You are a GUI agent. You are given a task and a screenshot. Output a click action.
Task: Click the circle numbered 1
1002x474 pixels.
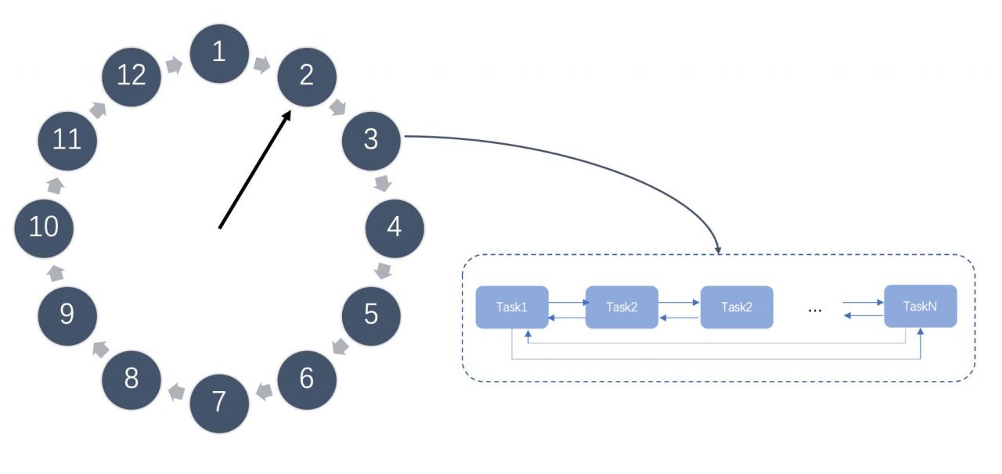click(x=219, y=54)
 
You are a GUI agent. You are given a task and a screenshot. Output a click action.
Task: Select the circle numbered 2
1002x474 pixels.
click(x=307, y=77)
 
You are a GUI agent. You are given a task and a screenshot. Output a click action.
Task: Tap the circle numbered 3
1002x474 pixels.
click(x=371, y=141)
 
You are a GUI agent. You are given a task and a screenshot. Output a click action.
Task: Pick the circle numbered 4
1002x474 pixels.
click(x=395, y=228)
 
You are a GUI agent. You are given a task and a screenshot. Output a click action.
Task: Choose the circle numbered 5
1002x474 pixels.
click(x=371, y=316)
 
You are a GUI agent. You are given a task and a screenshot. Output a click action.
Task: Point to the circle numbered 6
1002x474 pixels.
click(x=307, y=380)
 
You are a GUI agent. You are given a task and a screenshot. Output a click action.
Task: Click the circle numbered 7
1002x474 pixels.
click(x=219, y=404)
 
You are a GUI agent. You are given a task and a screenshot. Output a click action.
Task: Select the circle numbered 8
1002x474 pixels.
click(x=132, y=380)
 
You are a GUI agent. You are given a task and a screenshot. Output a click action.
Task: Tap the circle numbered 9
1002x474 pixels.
click(x=67, y=316)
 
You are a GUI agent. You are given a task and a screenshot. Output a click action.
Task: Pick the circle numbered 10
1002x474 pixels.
click(x=44, y=228)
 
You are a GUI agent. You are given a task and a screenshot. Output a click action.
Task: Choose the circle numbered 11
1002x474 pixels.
click(x=67, y=141)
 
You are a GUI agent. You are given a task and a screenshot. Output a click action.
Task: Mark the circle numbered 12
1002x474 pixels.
click(x=132, y=77)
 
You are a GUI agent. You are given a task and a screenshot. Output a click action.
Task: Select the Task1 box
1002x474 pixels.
click(x=512, y=307)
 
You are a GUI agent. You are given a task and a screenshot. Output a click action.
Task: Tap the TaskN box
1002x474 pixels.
click(x=921, y=307)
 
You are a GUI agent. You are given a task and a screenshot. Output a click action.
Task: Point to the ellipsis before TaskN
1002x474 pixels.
click(x=815, y=310)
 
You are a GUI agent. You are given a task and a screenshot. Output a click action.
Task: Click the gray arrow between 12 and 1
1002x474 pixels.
click(x=174, y=65)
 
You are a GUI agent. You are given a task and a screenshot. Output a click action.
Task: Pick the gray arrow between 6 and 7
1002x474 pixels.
click(x=265, y=392)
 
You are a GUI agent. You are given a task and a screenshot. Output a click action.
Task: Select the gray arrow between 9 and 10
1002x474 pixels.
click(x=56, y=273)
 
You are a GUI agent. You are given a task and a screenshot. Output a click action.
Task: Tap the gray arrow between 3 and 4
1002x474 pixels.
click(x=383, y=183)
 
